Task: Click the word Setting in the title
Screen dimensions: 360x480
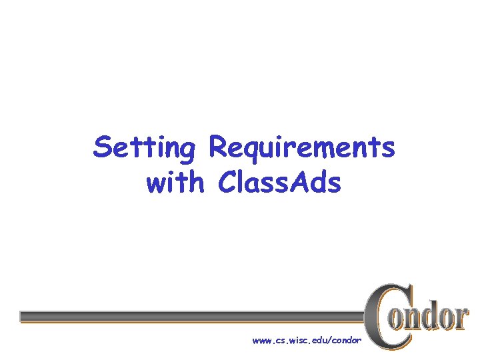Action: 144,147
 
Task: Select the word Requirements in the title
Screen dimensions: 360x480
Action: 301,147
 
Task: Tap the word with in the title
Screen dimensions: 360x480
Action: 175,183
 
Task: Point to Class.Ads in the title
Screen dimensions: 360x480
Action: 279,183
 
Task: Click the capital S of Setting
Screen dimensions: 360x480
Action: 103,147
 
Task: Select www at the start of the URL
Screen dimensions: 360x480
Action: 261,341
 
